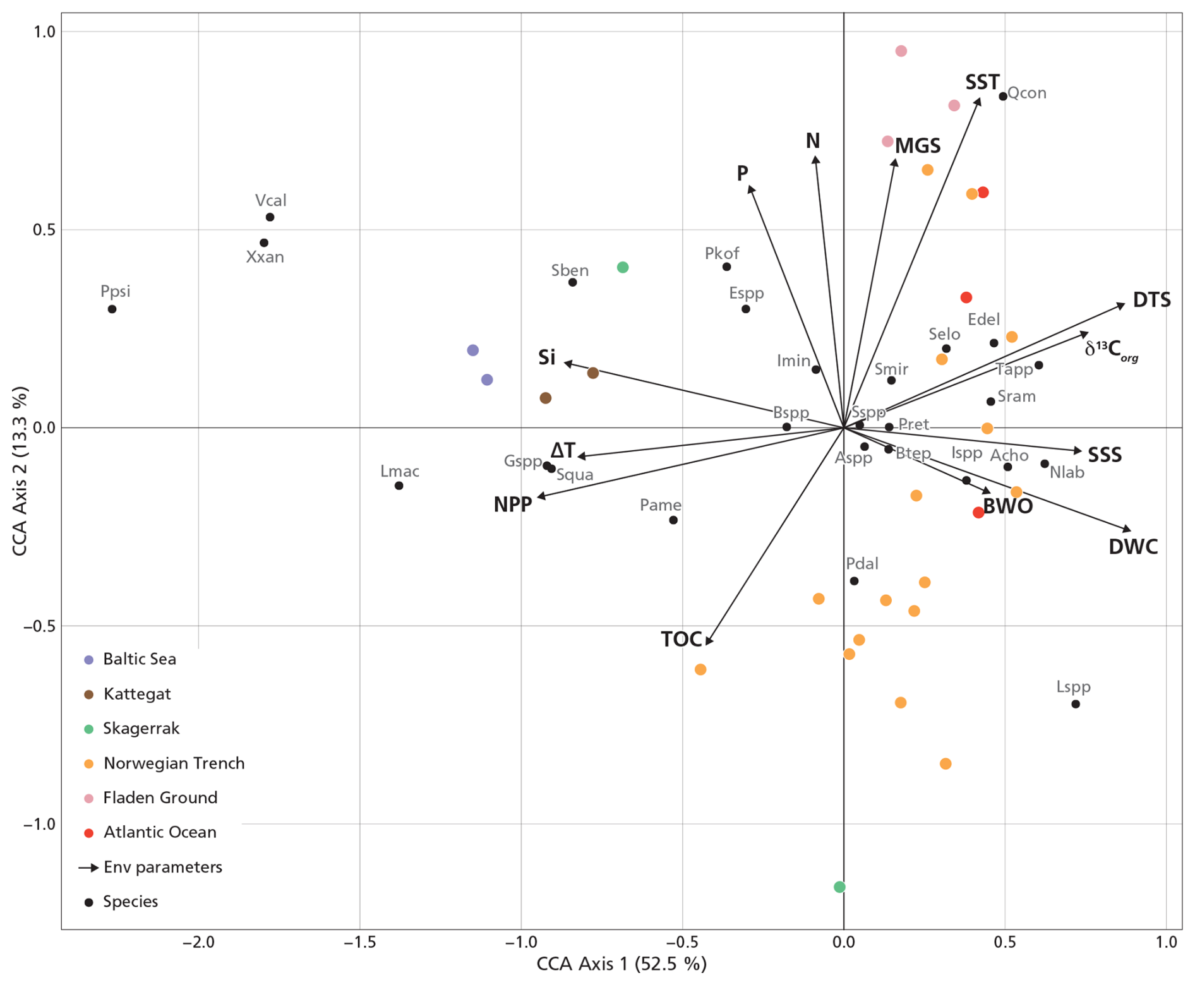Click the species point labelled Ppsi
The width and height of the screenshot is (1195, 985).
pos(112,309)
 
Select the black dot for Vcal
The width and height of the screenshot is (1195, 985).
pos(270,217)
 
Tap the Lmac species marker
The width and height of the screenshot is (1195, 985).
pos(399,486)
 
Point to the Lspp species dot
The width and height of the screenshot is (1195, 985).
pos(1075,704)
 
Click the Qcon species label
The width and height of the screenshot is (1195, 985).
pos(1026,93)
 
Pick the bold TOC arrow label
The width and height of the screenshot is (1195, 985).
pos(682,640)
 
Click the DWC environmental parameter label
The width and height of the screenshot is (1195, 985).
pos(1133,547)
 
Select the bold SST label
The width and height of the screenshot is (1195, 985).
pos(982,83)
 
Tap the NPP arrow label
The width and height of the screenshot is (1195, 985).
pos(512,505)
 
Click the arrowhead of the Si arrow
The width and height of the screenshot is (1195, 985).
pos(565,362)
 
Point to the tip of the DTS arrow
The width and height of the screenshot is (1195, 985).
pos(1124,304)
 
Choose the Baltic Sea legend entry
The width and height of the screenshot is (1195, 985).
pos(139,659)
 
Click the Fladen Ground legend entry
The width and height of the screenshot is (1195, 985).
pos(160,797)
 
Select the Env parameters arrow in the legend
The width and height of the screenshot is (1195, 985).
pos(88,868)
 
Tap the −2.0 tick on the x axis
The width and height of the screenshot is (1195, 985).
pos(198,943)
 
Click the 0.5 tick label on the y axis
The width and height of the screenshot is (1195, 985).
pos(44,230)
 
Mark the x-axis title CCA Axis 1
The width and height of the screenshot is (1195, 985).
pos(622,964)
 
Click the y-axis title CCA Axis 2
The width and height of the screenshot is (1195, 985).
pos(20,471)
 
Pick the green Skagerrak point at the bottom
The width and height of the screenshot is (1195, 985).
pos(839,887)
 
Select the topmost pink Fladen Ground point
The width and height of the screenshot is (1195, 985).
pos(901,51)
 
